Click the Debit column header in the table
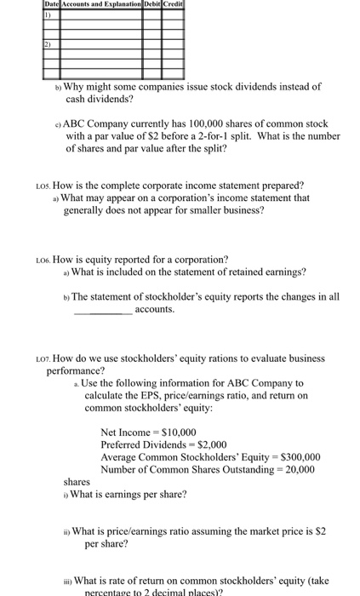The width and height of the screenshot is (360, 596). pos(153,5)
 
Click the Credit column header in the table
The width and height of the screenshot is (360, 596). pos(174,5)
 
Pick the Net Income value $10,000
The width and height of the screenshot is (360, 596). pos(175,432)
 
